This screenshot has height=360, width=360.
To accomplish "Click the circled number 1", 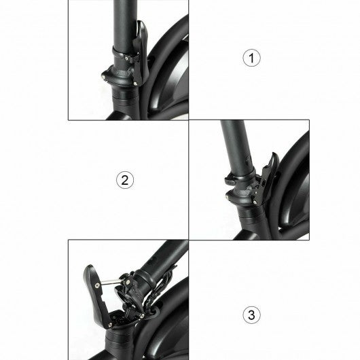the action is [x=251, y=58].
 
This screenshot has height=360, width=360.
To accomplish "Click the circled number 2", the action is [x=125, y=180].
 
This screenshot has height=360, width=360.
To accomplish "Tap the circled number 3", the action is [x=251, y=314].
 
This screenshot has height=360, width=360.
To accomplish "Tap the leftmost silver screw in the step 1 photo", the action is [x=103, y=77].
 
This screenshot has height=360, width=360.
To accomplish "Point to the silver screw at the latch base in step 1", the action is [x=135, y=84].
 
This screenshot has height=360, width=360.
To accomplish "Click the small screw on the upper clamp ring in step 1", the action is [x=126, y=58].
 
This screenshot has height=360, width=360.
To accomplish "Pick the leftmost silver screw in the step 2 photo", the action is [x=228, y=196].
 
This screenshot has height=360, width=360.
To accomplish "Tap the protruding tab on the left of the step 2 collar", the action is [x=230, y=180].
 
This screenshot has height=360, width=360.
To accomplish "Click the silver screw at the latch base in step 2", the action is [x=255, y=202].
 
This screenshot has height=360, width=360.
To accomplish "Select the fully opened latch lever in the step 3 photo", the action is [x=97, y=296].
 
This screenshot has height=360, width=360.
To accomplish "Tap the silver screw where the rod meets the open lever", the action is [x=98, y=285].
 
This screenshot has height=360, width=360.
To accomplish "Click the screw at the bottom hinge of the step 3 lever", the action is [x=110, y=325].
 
